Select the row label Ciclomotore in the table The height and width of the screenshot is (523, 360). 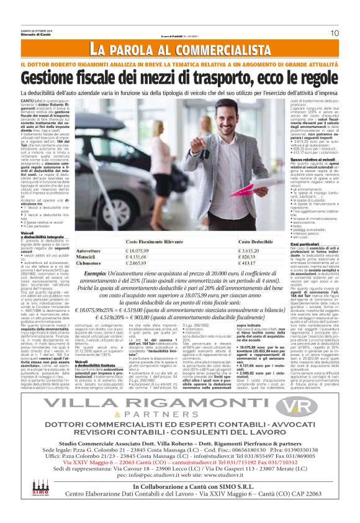coord(89,264)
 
